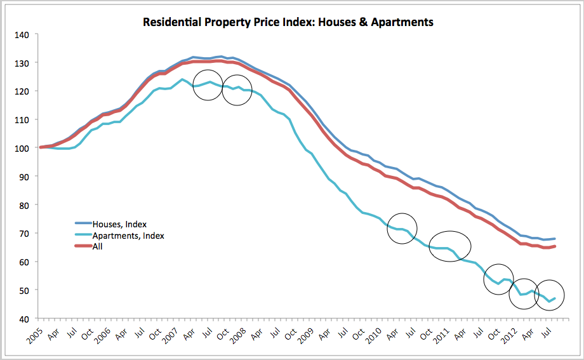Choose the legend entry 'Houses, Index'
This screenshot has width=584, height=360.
[119, 224]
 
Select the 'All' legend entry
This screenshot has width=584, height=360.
[98, 246]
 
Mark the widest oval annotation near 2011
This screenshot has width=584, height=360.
[450, 246]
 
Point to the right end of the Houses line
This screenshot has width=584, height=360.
[555, 239]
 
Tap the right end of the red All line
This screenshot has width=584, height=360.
[555, 246]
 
